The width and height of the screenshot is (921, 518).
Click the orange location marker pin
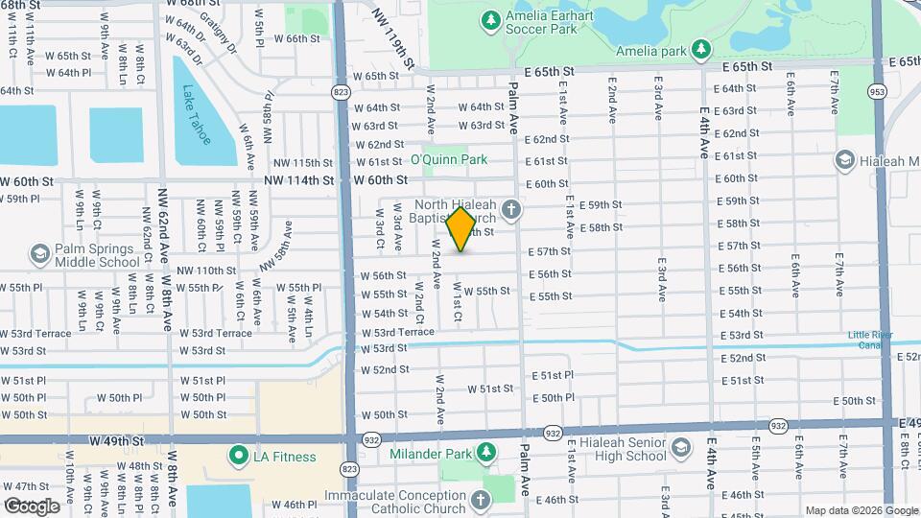(461, 228)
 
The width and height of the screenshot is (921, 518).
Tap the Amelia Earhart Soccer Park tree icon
(490, 19)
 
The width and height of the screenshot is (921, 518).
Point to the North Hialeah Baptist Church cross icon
(511, 208)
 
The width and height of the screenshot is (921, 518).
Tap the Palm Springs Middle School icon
(39, 254)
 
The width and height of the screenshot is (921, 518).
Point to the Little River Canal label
(871, 341)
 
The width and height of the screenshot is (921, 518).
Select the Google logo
(32, 506)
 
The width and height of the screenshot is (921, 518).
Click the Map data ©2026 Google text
(860, 510)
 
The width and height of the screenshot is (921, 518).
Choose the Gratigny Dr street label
(219, 32)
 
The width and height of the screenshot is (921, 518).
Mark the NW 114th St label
(301, 179)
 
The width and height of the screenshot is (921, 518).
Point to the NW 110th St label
(206, 271)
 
